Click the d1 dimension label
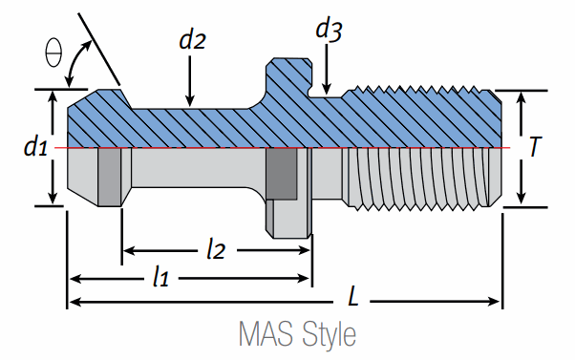click(x=35, y=147)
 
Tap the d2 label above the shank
click(x=192, y=39)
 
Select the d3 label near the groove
click(x=329, y=30)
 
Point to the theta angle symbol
click(x=53, y=53)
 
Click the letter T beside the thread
click(x=535, y=147)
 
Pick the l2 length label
click(x=216, y=250)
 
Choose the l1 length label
click(x=161, y=276)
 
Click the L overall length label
click(x=352, y=296)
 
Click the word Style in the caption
click(x=329, y=334)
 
